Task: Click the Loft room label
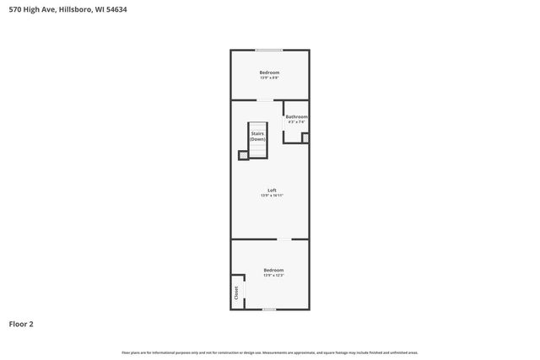pyautogui.click(x=272, y=190)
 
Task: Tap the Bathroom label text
pyautogui.click(x=296, y=116)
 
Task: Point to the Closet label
pyautogui.click(x=237, y=292)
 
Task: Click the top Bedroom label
pyautogui.click(x=269, y=73)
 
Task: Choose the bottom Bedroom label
pyautogui.click(x=273, y=270)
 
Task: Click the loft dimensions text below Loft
pyautogui.click(x=272, y=196)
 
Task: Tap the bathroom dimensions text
pyautogui.click(x=296, y=122)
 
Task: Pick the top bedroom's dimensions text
pyautogui.click(x=269, y=78)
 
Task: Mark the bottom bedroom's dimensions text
pyautogui.click(x=273, y=276)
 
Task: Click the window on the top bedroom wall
pyautogui.click(x=269, y=50)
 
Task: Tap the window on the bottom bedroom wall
pyautogui.click(x=269, y=309)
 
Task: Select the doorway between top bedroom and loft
pyautogui.click(x=265, y=100)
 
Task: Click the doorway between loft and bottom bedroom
pyautogui.click(x=285, y=239)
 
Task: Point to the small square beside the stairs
pyautogui.click(x=244, y=154)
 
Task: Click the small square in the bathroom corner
pyautogui.click(x=305, y=137)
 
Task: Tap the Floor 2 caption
pyautogui.click(x=21, y=324)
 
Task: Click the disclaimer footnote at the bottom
pyautogui.click(x=269, y=352)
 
